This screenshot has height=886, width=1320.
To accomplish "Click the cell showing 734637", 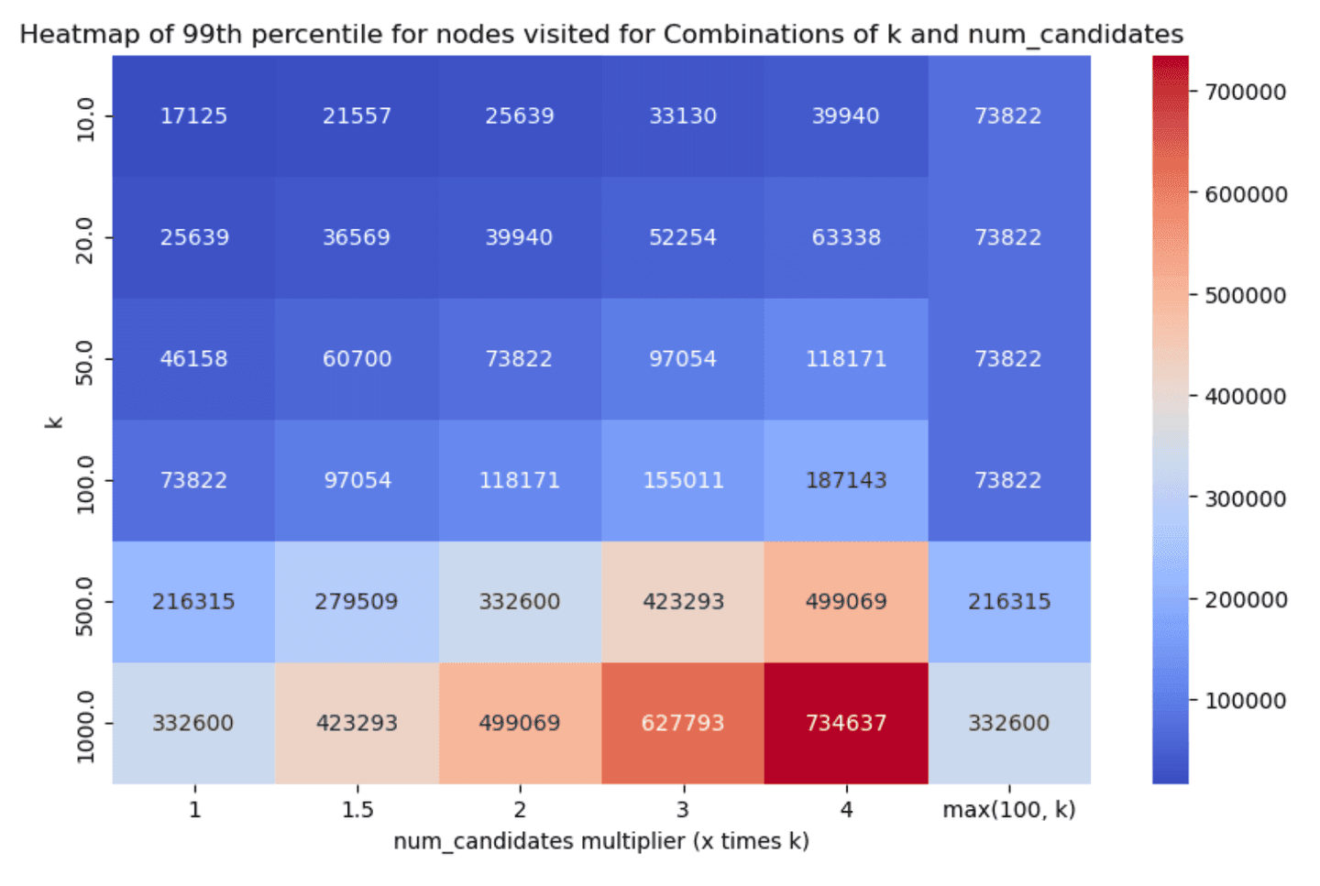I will click(x=845, y=723).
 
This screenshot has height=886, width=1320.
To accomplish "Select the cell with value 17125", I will click(x=193, y=116).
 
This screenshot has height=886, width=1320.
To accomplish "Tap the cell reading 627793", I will click(x=682, y=723).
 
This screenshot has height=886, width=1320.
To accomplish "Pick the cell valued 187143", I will click(x=845, y=480).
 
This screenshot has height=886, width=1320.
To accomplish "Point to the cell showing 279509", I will click(x=357, y=602).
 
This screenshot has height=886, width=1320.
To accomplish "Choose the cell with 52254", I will click(x=682, y=237).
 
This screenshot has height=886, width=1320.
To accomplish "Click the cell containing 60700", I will click(x=357, y=359).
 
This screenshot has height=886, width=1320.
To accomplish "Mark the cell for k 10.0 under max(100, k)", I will click(x=1008, y=116).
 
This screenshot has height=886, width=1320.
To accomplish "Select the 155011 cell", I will click(x=682, y=480).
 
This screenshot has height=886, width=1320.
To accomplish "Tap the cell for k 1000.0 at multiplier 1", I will click(x=193, y=723).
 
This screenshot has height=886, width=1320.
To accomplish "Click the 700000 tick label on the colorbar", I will click(x=1245, y=93).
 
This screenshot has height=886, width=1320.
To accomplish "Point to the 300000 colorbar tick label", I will click(x=1245, y=499).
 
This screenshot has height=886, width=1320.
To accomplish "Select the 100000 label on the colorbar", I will click(x=1245, y=702).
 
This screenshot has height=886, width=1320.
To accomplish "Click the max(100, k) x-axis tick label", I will click(x=1008, y=810).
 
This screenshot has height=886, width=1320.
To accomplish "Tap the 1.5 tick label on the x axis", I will click(x=357, y=810).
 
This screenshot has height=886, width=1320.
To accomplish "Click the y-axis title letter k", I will click(x=54, y=421).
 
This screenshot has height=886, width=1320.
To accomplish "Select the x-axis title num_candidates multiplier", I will click(x=600, y=842).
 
